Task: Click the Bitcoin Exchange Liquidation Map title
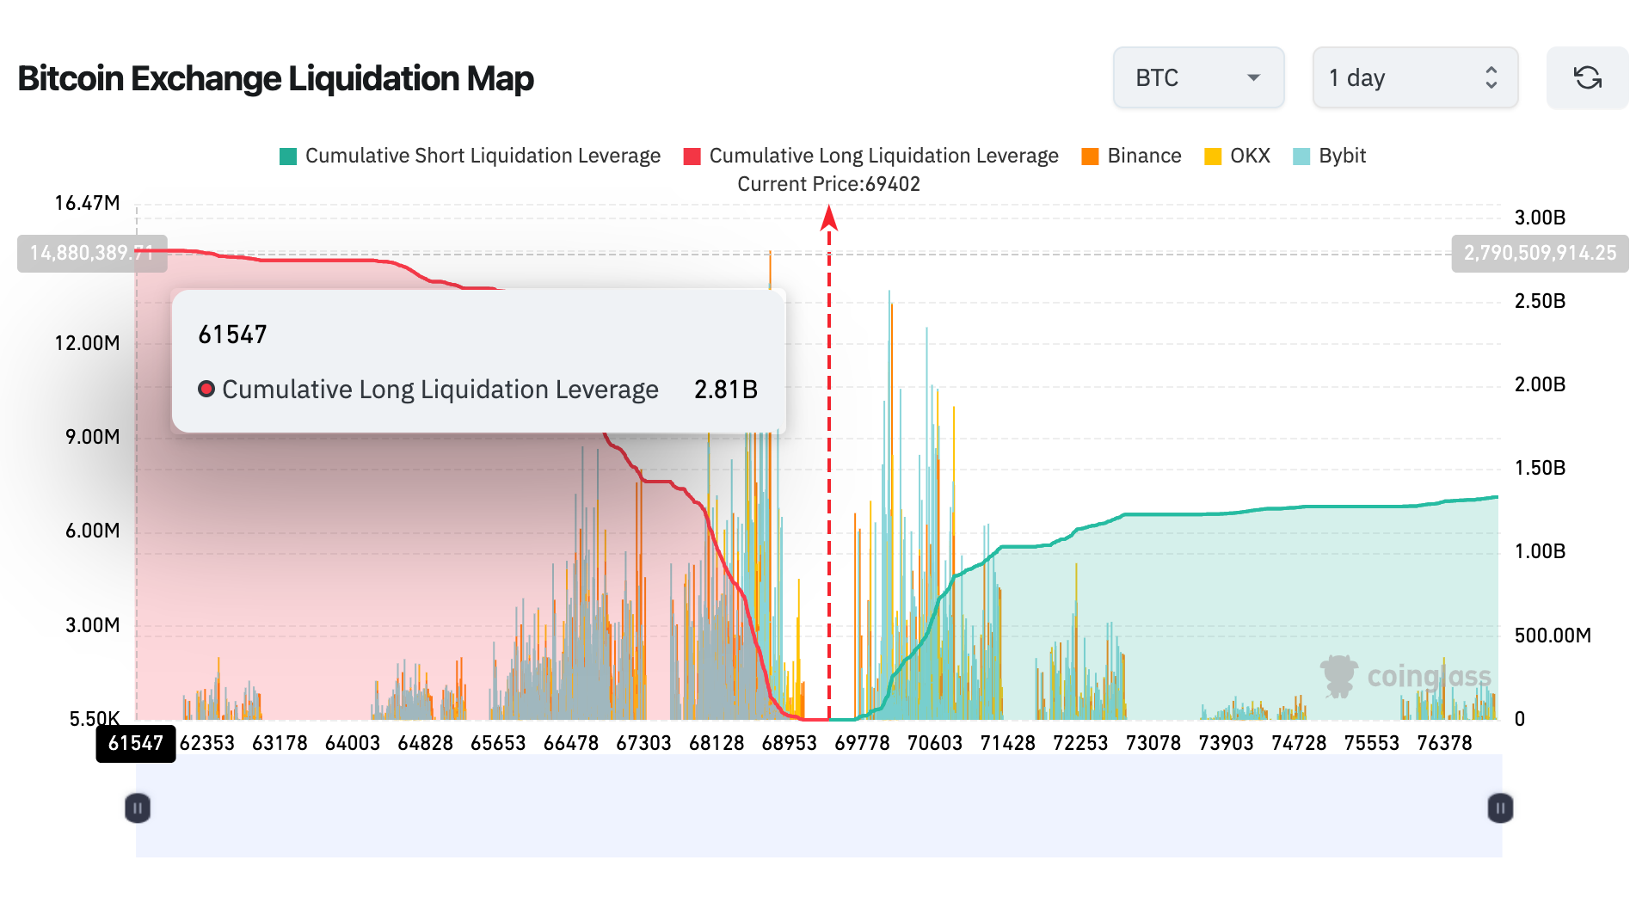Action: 275,78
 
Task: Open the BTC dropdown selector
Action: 1198,78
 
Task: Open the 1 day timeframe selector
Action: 1414,78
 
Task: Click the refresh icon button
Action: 1587,78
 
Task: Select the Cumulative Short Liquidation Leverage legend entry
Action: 471,156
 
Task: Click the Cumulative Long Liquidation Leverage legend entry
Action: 870,156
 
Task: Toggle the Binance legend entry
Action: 1131,156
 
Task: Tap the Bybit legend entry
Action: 1330,156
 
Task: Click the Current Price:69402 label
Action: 828,184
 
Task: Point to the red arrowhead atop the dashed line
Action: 829,218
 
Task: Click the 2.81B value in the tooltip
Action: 725,390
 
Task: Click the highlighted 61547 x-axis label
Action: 136,743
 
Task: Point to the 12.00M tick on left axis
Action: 87,343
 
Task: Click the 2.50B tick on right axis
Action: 1540,301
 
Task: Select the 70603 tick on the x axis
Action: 934,743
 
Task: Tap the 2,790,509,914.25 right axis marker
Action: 1540,253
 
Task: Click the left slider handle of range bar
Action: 138,808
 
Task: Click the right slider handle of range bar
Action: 1500,808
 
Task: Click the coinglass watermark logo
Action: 1405,676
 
